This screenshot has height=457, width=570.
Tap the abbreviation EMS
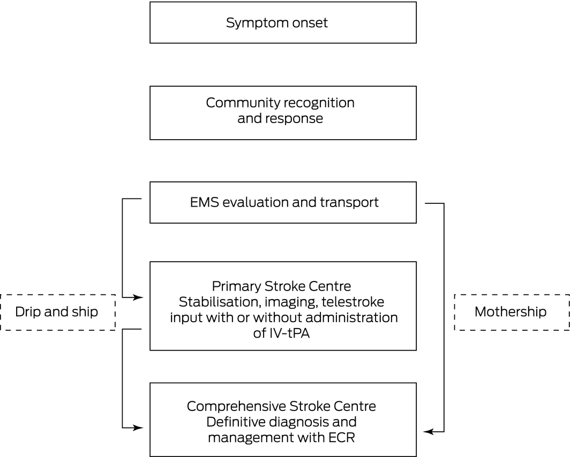click(204, 202)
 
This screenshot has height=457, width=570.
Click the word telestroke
click(352, 302)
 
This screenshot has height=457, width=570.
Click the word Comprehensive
click(236, 407)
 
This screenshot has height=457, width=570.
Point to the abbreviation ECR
click(341, 437)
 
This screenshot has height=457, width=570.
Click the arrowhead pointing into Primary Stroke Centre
click(139, 298)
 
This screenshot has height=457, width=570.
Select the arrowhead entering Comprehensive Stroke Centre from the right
click(429, 432)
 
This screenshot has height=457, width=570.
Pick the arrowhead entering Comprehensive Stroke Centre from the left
click(139, 428)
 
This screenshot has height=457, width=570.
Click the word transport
click(349, 203)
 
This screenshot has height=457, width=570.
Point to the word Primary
click(236, 287)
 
